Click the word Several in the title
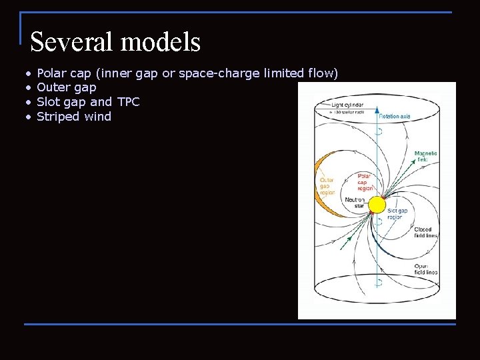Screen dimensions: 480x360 [69, 42]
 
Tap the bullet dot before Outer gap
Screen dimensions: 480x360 [29, 87]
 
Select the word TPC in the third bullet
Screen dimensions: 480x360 [128, 102]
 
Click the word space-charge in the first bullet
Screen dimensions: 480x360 [219, 73]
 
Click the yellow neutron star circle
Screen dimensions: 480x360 [377, 205]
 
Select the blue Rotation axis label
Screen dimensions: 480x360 [395, 117]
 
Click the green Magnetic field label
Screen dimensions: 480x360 [425, 157]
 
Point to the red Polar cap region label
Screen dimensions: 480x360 [365, 182]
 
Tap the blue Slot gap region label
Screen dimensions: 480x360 [397, 214]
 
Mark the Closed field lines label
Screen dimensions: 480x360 [425, 233]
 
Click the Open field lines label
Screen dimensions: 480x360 [425, 269]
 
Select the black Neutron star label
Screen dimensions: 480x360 [355, 203]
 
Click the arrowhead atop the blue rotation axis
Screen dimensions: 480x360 [377, 108]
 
